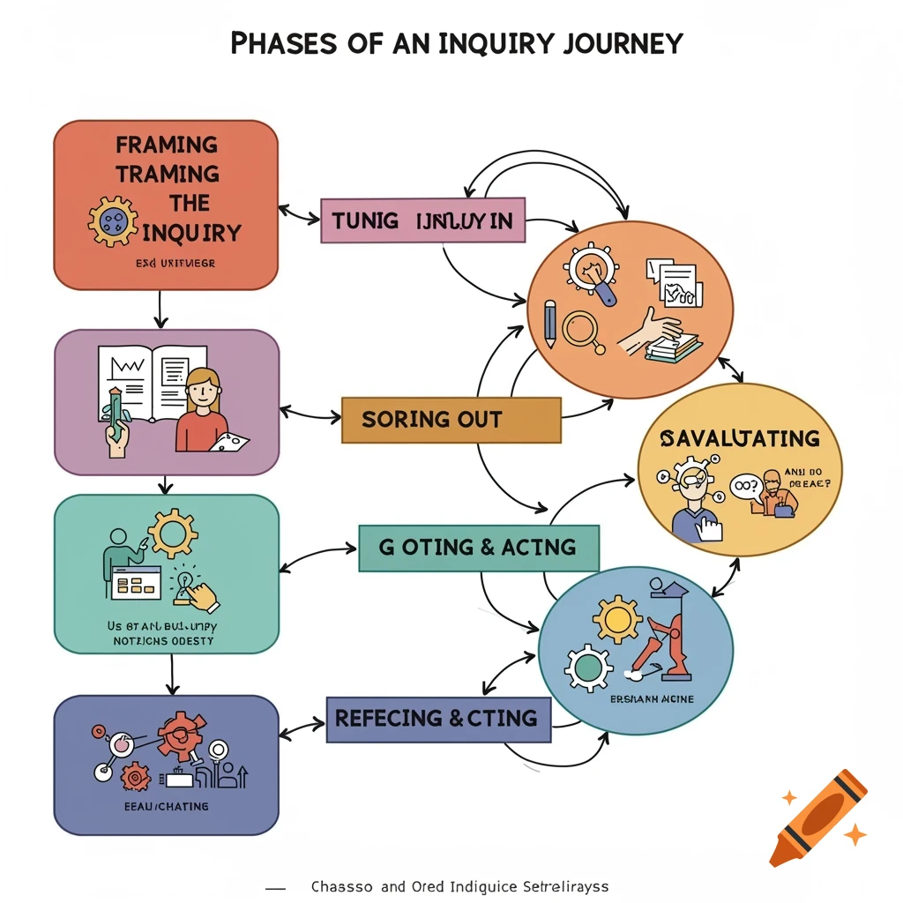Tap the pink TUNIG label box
(x=422, y=220)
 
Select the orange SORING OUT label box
(x=451, y=419)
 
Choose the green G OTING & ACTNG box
(x=478, y=548)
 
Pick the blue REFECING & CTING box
(x=438, y=719)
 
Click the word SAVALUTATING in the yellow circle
(x=740, y=438)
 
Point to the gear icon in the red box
(x=113, y=221)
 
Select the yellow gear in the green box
(x=172, y=533)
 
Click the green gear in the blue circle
(x=587, y=668)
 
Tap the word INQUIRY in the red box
(x=191, y=233)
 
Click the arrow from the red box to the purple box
(x=160, y=309)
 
